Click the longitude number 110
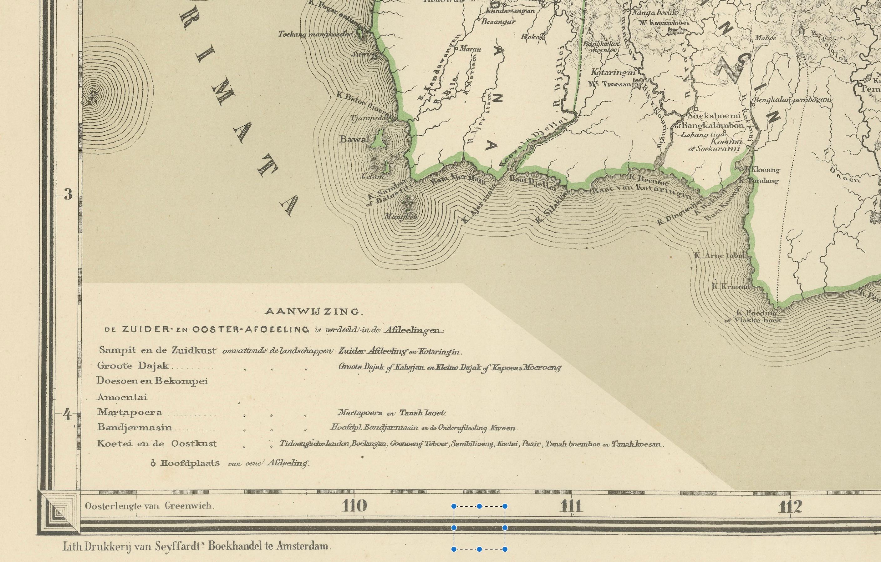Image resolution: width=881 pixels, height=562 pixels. click(354, 506)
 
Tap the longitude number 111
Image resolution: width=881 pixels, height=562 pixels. click(571, 506)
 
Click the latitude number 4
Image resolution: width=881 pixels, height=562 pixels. click(67, 415)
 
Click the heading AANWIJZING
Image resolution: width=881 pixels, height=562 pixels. click(313, 312)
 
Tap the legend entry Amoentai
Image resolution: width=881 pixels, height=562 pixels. click(122, 397)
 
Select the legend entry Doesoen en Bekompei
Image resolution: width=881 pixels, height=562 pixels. click(152, 381)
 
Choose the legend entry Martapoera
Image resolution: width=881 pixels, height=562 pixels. click(130, 412)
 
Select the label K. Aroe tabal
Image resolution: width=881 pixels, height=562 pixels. click(719, 256)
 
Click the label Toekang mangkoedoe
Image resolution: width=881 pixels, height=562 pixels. click(315, 34)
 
